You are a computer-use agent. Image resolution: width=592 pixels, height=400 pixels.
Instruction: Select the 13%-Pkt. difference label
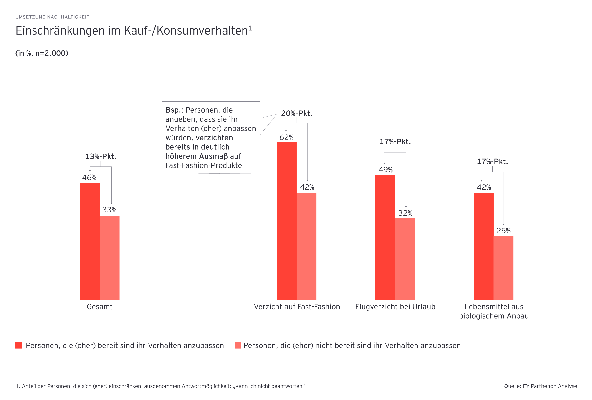click(101, 156)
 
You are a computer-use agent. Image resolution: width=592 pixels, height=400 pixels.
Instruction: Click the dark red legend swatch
click(19, 345)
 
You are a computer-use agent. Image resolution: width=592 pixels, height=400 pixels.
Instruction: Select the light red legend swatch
click(238, 345)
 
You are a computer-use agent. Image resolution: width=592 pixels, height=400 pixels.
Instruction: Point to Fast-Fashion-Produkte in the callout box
click(204, 165)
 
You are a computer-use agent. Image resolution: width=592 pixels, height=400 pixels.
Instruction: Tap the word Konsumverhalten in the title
click(202, 31)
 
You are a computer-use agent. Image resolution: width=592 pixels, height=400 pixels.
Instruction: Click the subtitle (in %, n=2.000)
click(42, 53)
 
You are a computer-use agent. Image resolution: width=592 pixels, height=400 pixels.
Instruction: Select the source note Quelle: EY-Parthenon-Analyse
click(540, 386)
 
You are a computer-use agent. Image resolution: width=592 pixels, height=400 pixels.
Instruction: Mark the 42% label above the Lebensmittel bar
click(483, 187)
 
